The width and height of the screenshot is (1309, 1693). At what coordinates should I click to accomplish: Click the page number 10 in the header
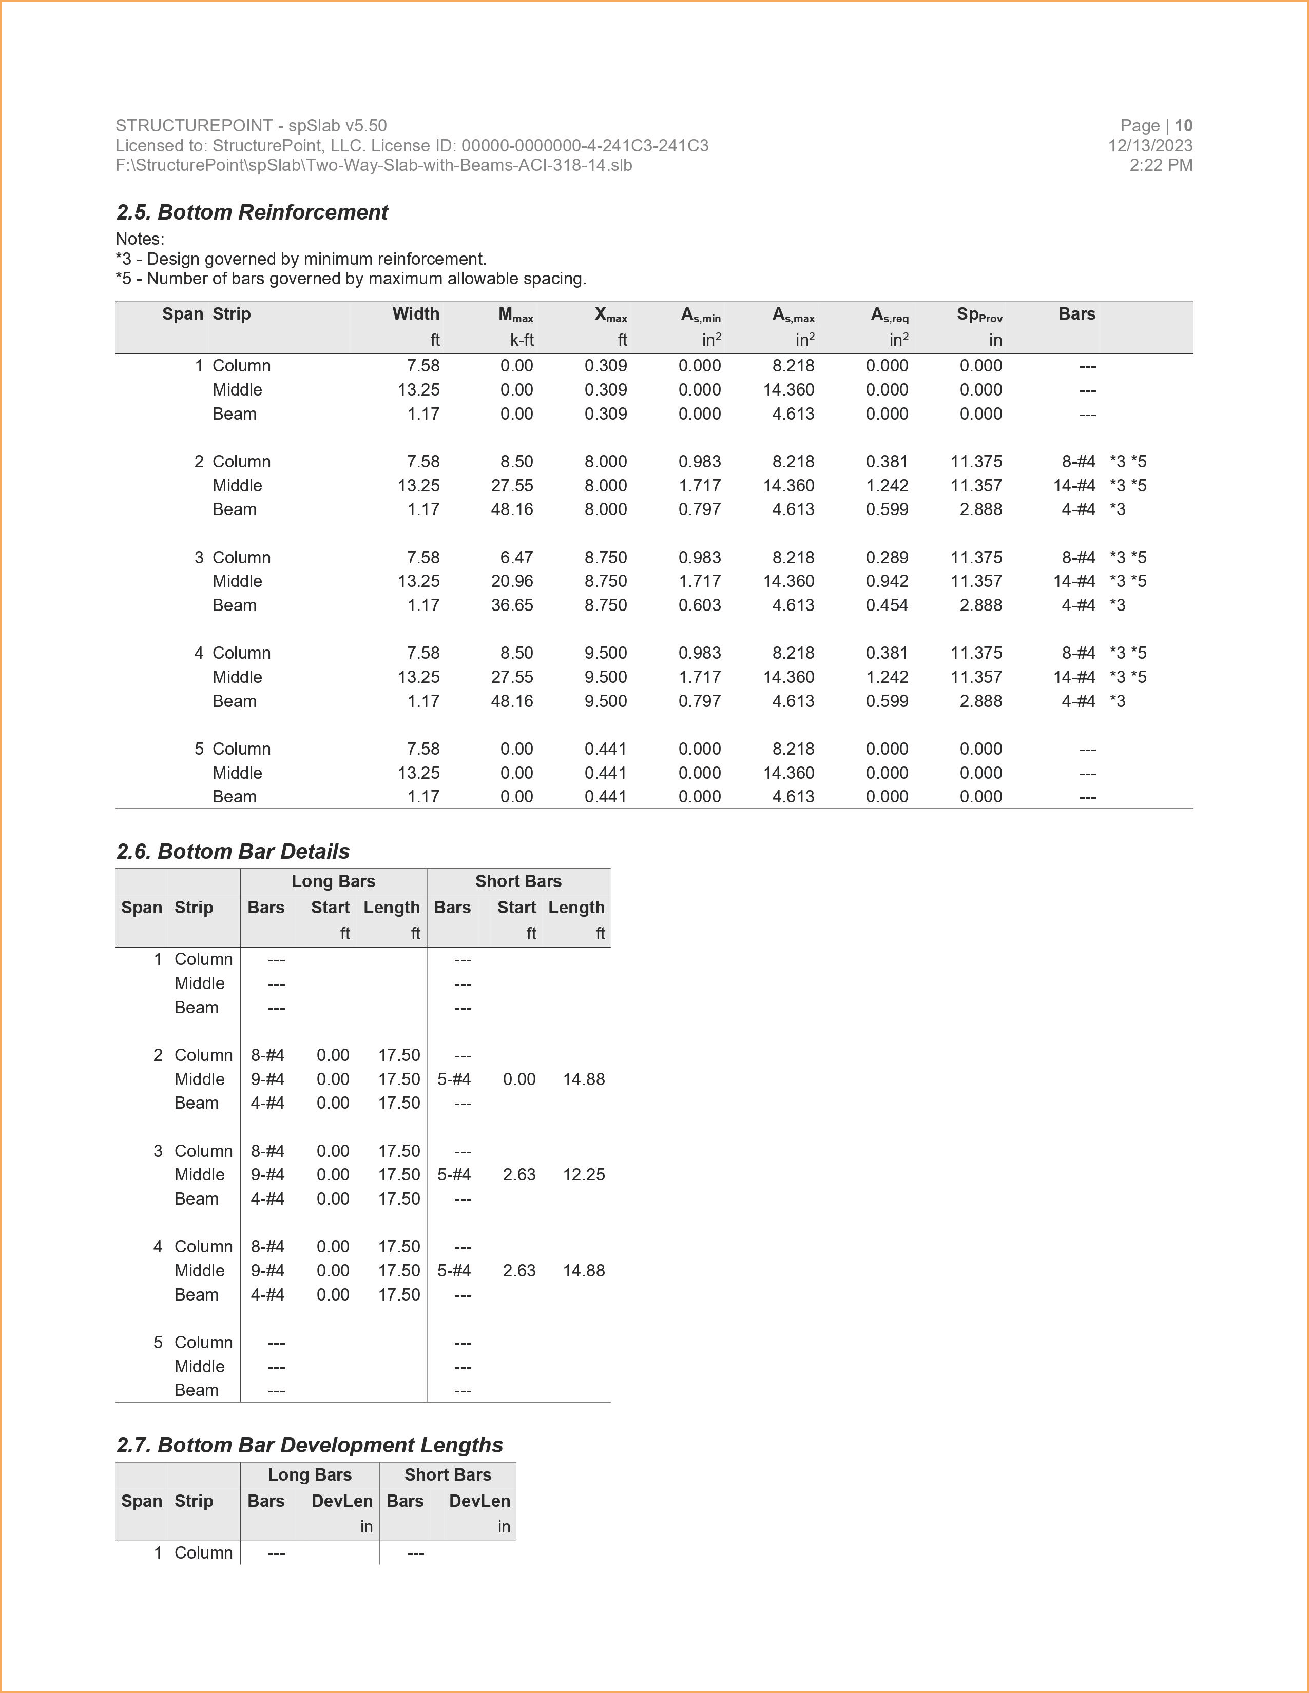coord(1183,126)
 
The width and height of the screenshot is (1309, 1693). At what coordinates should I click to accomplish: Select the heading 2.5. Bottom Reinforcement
coord(252,212)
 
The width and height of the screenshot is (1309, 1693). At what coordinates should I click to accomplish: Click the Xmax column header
coord(610,314)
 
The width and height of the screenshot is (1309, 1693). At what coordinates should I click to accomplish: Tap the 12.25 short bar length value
coord(584,1175)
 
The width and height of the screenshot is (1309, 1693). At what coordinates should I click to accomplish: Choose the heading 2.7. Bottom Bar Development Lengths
coord(310,1446)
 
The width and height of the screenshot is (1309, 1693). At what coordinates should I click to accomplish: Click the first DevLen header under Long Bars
coord(342,1502)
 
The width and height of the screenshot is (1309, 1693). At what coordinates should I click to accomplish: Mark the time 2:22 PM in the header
coord(1161,165)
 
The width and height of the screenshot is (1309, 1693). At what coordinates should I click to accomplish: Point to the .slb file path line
coord(374,165)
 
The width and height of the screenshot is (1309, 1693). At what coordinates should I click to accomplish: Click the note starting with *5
coord(351,279)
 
